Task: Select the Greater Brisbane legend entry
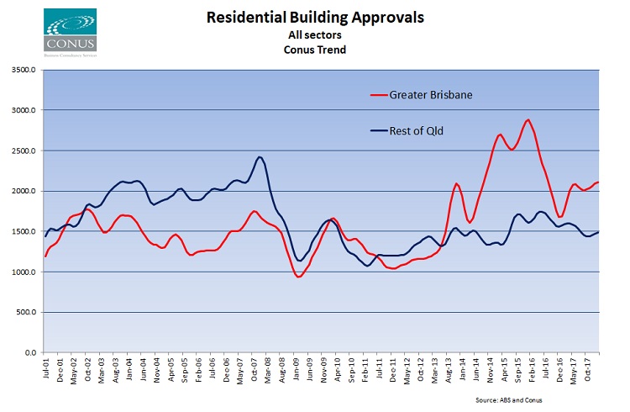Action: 431,94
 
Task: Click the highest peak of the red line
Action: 528,119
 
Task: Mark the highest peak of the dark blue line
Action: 260,157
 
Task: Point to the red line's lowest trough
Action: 298,277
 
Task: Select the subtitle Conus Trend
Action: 315,49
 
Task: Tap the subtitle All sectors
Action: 315,34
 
